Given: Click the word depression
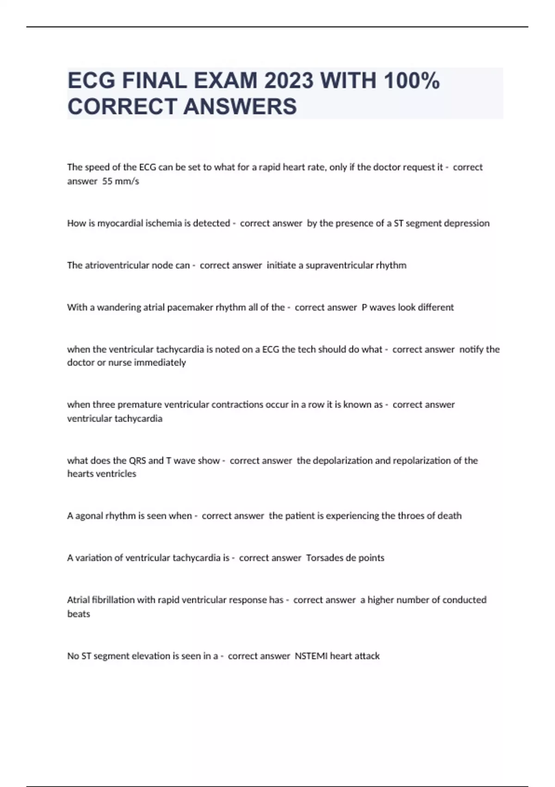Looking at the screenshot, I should [466, 223].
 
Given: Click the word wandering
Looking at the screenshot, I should [118, 307].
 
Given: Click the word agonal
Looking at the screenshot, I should [88, 516].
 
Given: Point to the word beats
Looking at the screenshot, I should [79, 614].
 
